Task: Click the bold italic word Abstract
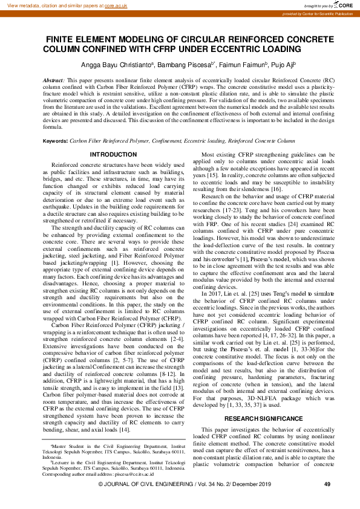click(x=54, y=80)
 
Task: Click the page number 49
click(x=327, y=501)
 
